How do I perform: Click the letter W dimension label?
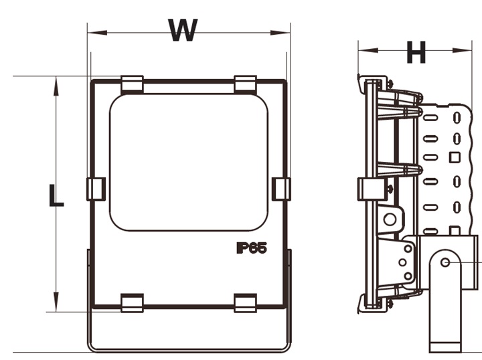click(x=183, y=30)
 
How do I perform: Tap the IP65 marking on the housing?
click(x=251, y=248)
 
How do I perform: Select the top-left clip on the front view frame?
click(x=132, y=84)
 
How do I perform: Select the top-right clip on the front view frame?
click(x=246, y=84)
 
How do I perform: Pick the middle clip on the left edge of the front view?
click(x=96, y=189)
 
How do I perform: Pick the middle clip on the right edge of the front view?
click(x=281, y=189)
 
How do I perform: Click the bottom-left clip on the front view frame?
click(x=132, y=302)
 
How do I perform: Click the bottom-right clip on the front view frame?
click(x=246, y=302)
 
